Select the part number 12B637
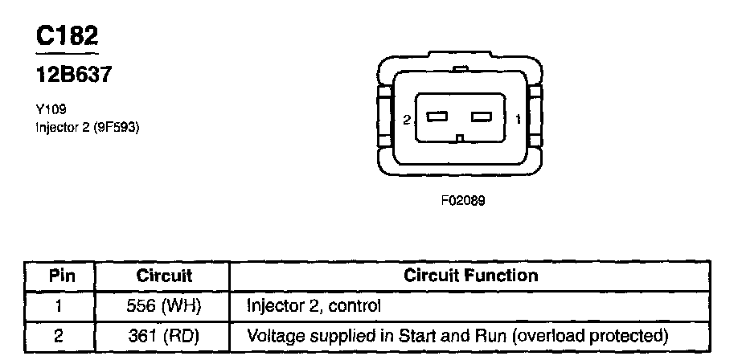(73, 76)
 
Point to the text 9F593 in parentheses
(118, 126)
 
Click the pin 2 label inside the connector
(407, 120)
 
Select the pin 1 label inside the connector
(517, 120)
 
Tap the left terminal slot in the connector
(437, 117)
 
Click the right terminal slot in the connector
(481, 117)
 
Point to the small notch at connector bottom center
(458, 138)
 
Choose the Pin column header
(62, 276)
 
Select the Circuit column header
(164, 276)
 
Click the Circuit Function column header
(470, 276)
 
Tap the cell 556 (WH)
(164, 305)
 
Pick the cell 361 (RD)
(164, 334)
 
